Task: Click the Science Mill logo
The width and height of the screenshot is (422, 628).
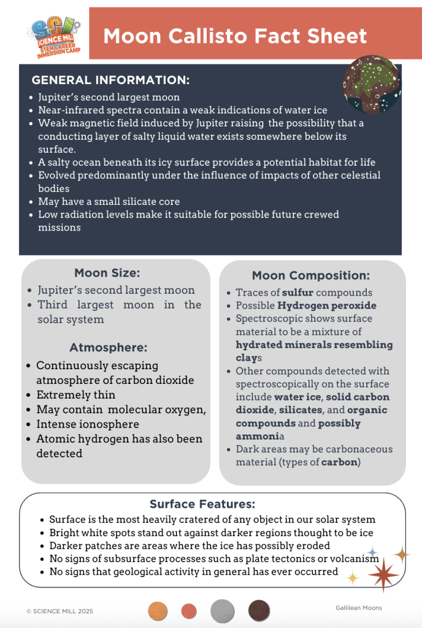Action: tap(54, 36)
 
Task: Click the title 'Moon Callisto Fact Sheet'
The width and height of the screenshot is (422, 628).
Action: tap(235, 36)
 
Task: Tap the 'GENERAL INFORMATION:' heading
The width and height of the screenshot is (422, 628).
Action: tap(110, 80)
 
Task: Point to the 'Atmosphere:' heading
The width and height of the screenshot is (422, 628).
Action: tap(109, 347)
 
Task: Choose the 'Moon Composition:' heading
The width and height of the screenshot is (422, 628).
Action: tap(311, 275)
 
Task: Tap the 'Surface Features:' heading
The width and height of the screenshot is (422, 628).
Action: tap(202, 504)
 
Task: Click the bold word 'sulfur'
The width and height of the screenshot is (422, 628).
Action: tap(299, 293)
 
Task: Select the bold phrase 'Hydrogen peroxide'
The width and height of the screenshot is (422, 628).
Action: tap(327, 305)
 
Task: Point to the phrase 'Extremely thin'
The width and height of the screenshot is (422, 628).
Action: tap(76, 395)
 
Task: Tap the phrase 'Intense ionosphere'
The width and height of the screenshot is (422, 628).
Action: tap(88, 424)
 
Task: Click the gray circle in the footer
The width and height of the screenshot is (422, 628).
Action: tap(223, 611)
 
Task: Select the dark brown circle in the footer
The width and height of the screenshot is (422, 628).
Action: tap(259, 611)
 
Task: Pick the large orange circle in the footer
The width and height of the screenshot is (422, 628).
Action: tap(158, 611)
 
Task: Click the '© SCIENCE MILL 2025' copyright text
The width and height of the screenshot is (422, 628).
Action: tap(60, 611)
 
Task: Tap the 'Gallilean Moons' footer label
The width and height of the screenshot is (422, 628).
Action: tap(359, 608)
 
